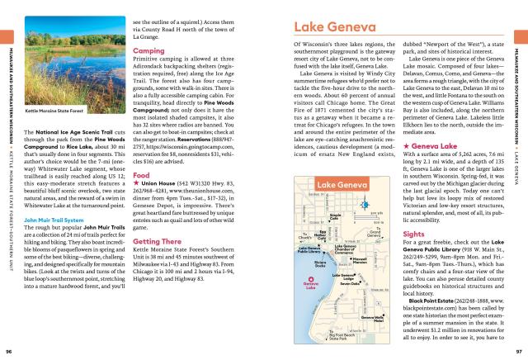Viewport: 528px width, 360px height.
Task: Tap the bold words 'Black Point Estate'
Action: (437, 324)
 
